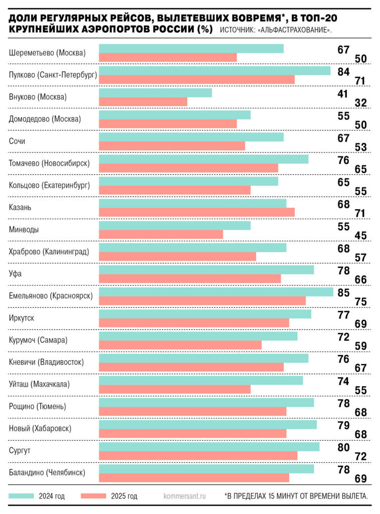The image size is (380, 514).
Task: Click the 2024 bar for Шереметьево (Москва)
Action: (x=191, y=48)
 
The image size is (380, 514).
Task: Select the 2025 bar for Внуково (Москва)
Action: (x=143, y=102)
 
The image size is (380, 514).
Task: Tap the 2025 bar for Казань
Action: (x=197, y=212)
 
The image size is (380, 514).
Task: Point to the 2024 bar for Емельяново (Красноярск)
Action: (x=216, y=292)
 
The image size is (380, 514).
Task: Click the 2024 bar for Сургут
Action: (x=209, y=446)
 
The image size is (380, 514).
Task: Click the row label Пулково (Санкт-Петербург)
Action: (x=53, y=75)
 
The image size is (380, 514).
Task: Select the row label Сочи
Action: (x=17, y=141)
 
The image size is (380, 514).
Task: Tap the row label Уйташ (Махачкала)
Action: (x=39, y=384)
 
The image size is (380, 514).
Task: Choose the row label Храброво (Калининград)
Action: (x=49, y=251)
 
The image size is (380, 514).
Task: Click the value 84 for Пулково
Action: (x=343, y=72)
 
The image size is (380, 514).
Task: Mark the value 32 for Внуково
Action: (x=361, y=103)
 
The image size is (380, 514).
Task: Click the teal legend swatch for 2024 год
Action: (x=22, y=496)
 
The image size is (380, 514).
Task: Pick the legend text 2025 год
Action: (x=123, y=496)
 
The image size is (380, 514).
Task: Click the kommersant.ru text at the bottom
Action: (x=185, y=496)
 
